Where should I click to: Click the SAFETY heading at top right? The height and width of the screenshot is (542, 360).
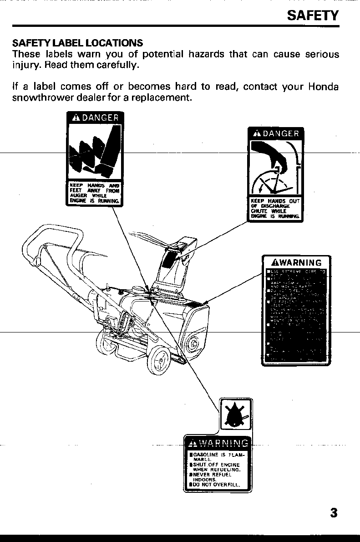click(x=313, y=16)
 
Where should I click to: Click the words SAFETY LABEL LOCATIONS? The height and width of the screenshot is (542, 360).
click(x=77, y=43)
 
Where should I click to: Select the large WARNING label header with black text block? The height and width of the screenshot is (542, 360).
click(x=296, y=263)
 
